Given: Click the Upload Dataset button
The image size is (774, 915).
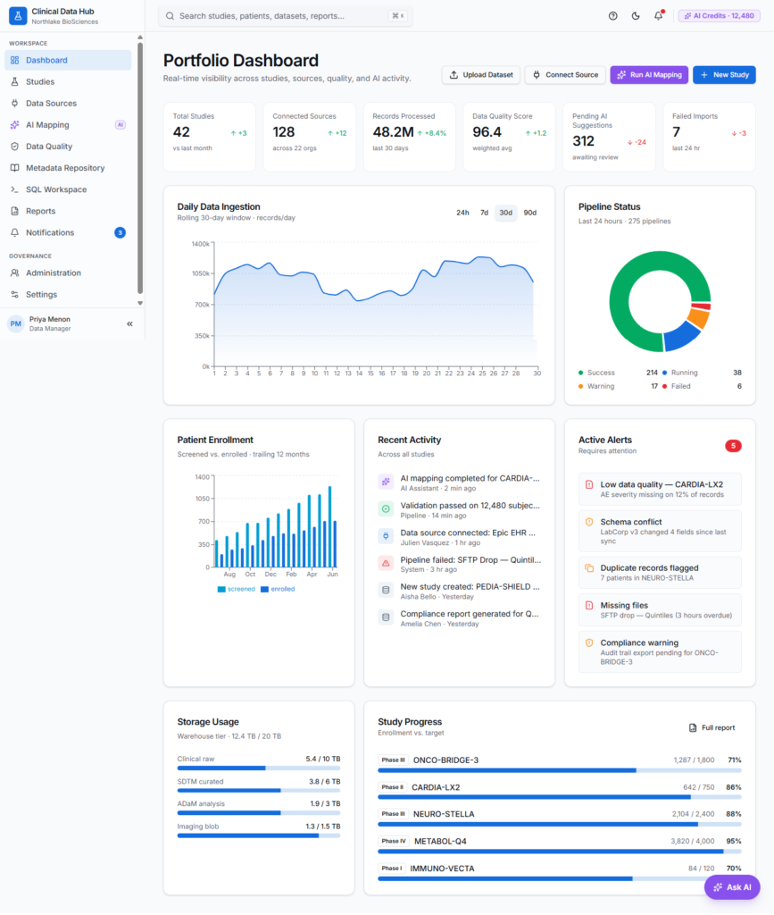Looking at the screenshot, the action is click(481, 75).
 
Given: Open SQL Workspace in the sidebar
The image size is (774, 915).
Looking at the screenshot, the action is click(56, 189).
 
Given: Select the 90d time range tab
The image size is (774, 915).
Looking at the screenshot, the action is click(529, 213).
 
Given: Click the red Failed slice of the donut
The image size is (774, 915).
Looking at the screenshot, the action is click(702, 306).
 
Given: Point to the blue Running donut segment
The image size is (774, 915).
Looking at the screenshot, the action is click(681, 336).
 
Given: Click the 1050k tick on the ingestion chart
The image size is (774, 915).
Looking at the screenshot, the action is click(201, 273).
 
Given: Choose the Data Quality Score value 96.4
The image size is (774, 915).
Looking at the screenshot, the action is click(487, 132).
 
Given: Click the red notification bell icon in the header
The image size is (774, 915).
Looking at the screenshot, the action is click(659, 16).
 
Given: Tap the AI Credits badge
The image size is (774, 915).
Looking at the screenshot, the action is click(719, 16).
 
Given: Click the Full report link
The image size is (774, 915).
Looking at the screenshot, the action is click(712, 727).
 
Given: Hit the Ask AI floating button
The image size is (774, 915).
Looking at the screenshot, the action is click(732, 887).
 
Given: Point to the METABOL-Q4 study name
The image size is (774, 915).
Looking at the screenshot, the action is click(440, 842).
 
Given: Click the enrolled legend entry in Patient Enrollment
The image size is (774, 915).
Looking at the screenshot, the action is click(278, 590).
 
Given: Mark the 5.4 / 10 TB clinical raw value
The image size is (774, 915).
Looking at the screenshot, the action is click(323, 760).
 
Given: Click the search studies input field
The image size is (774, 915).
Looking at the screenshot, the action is click(285, 16).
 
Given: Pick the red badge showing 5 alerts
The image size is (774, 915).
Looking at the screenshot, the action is click(733, 446).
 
